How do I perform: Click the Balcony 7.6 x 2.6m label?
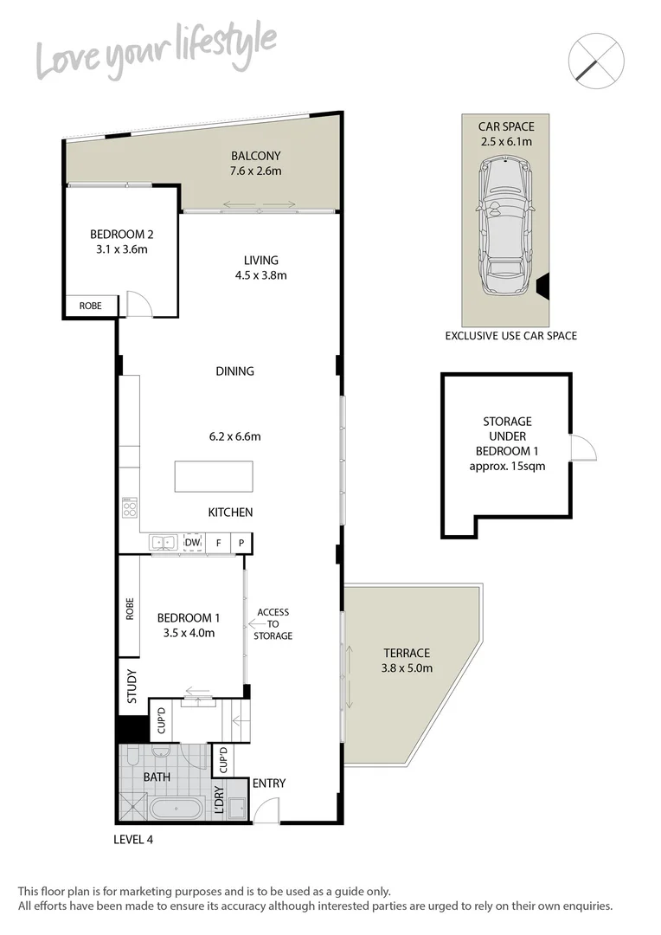[x=255, y=164]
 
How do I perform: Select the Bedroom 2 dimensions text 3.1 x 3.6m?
[x=121, y=250]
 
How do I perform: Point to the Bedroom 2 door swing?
[x=138, y=303]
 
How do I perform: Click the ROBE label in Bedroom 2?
[x=90, y=306]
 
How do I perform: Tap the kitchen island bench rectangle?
[x=214, y=476]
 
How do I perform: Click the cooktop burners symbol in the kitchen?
[x=130, y=507]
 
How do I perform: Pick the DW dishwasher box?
[x=193, y=543]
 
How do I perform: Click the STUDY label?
[x=132, y=686]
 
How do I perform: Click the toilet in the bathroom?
[x=131, y=758]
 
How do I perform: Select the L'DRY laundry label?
[x=219, y=802]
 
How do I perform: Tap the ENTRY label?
[x=268, y=783]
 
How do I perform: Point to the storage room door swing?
[x=582, y=447]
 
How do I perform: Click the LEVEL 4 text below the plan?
[x=133, y=839]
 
